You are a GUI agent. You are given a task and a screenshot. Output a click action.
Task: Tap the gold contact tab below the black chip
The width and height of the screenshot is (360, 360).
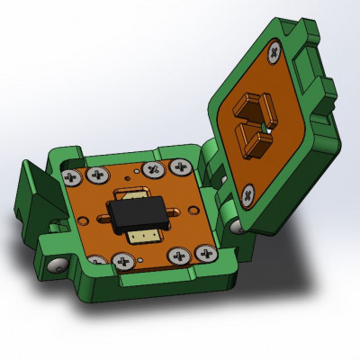142,236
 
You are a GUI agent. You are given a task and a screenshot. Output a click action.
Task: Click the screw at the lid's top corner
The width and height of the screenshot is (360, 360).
273,54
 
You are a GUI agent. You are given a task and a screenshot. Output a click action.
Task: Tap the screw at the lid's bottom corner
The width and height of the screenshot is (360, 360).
247,191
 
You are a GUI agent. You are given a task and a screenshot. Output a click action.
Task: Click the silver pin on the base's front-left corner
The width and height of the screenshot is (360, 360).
56,266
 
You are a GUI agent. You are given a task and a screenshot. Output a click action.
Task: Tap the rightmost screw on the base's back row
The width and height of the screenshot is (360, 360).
186,166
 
